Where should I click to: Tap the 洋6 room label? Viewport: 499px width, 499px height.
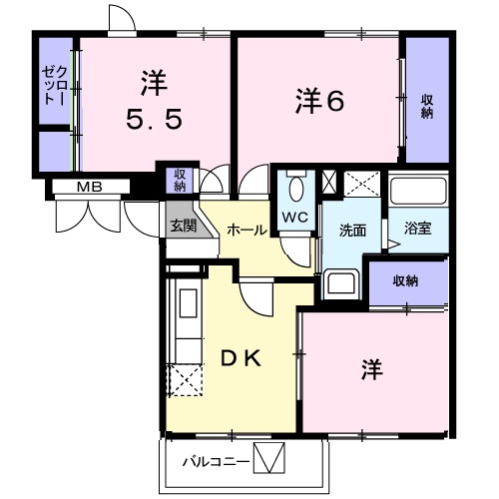click(x=319, y=102)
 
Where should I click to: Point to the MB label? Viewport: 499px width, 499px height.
click(x=92, y=187)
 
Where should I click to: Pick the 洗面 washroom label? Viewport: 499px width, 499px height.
click(x=353, y=231)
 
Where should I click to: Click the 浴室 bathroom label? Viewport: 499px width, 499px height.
click(x=417, y=229)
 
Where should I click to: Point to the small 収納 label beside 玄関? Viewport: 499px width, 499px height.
click(x=180, y=179)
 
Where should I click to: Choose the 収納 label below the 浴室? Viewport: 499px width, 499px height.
click(x=404, y=280)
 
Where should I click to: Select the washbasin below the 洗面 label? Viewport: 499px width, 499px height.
click(x=342, y=283)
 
